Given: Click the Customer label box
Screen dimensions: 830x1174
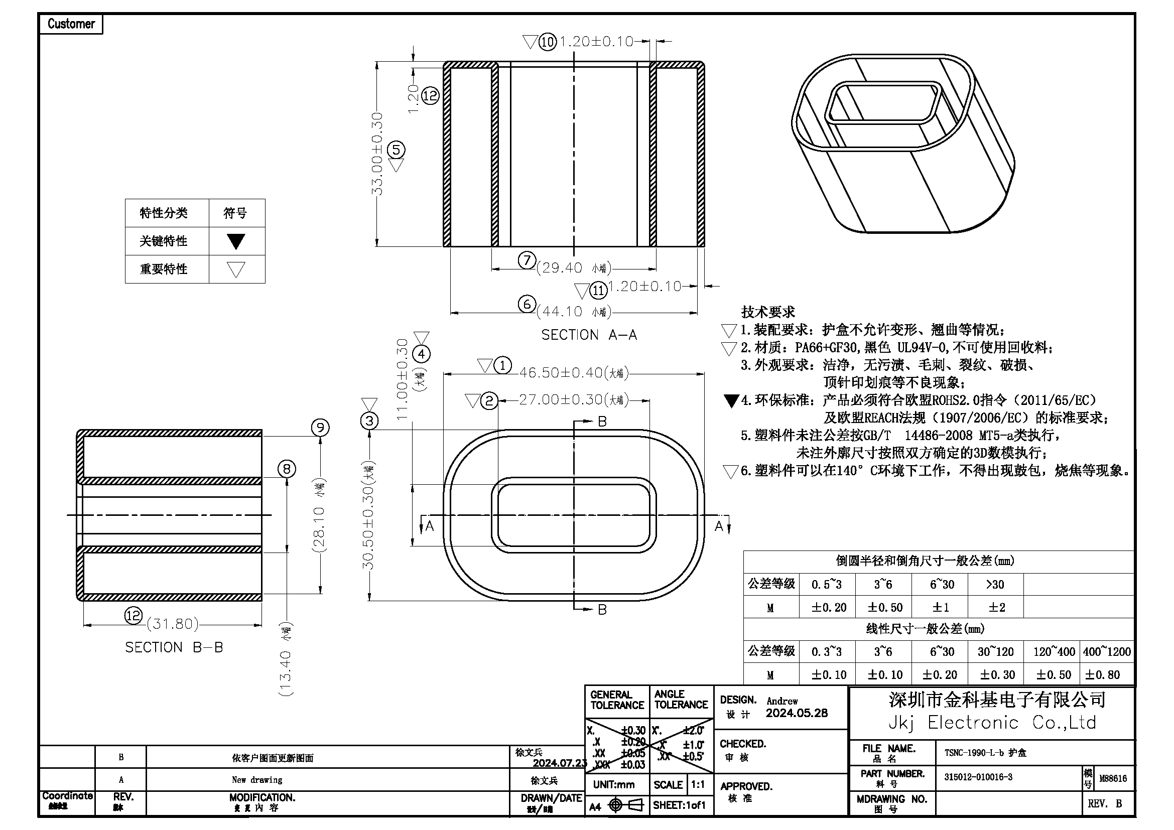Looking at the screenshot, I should point(71,24).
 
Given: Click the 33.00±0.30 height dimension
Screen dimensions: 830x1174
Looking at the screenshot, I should point(377,154).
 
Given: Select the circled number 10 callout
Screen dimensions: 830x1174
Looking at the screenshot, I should point(548,42).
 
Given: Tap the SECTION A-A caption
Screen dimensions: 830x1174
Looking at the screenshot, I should point(589,335).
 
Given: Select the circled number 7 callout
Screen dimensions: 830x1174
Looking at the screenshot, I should point(527,260).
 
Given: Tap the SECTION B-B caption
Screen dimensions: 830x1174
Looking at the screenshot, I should point(174,647).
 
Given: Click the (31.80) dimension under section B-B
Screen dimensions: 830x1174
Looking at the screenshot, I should point(173,624).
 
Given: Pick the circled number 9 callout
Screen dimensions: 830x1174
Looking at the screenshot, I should point(321,427).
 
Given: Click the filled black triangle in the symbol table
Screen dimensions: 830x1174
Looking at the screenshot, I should point(236,241).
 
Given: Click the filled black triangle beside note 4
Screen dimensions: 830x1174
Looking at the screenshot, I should point(732,401).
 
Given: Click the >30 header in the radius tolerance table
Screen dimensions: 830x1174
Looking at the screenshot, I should point(994,584).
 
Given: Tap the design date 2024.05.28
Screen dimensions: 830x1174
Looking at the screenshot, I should point(797,713).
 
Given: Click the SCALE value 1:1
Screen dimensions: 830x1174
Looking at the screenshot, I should point(698,784).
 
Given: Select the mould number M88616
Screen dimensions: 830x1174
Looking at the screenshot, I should point(1113,778).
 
